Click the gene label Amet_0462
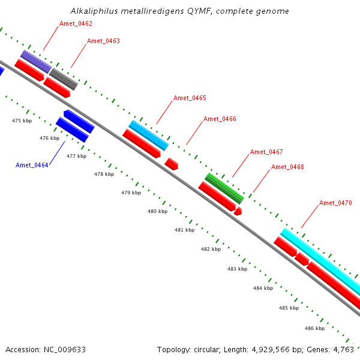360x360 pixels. [x=76, y=23]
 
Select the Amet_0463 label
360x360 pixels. [x=103, y=41]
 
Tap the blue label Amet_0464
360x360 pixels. [x=32, y=166]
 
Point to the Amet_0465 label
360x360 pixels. [x=190, y=98]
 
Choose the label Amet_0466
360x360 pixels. [x=220, y=119]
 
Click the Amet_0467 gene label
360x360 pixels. [x=266, y=152]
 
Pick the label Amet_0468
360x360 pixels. [x=287, y=167]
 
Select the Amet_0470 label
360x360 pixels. [x=335, y=203]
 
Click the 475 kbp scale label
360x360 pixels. [x=22, y=121]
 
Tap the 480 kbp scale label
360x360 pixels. [x=157, y=211]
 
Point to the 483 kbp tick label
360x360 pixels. [x=237, y=269]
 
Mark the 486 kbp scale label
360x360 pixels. [x=314, y=328]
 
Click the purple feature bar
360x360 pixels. [x=36, y=62]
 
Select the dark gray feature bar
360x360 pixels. [x=64, y=79]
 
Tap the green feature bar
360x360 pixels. [x=224, y=188]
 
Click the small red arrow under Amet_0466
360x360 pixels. [x=171, y=164]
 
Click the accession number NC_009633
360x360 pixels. [x=65, y=350]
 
